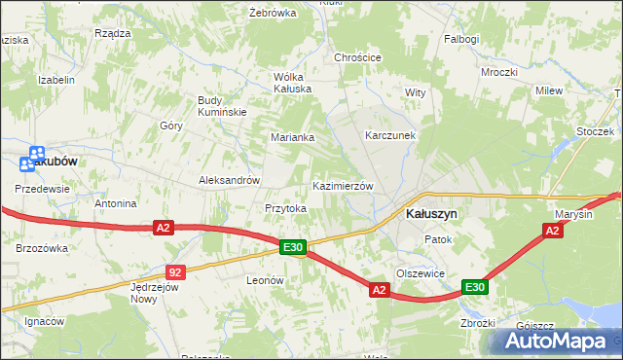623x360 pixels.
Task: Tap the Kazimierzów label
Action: click(x=342, y=186)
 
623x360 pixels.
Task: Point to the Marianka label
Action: click(x=292, y=138)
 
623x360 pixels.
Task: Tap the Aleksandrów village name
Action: click(x=229, y=180)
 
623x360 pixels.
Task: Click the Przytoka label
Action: click(x=286, y=208)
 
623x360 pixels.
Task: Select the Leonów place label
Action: click(x=265, y=280)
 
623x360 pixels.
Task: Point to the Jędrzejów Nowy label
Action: click(x=156, y=293)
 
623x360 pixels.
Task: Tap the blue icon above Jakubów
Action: click(x=36, y=154)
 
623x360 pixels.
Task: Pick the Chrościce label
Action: click(x=357, y=57)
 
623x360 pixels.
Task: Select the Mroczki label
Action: click(x=498, y=72)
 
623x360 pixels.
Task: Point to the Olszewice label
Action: click(x=421, y=273)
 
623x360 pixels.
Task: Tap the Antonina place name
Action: click(x=115, y=204)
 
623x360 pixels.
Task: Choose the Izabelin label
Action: click(x=56, y=80)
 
